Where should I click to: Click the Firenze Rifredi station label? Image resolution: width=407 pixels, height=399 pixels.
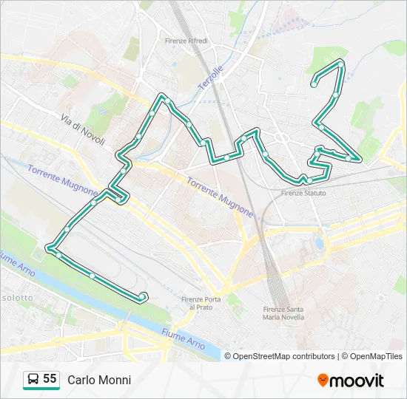[186, 41]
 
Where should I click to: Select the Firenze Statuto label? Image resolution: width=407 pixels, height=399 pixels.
[303, 194]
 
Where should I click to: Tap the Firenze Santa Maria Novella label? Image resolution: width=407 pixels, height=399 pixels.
[283, 313]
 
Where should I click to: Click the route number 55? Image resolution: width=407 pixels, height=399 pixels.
[50, 379]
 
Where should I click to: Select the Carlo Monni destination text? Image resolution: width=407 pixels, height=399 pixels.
[99, 380]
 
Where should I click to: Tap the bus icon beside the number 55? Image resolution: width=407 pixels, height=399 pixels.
[33, 380]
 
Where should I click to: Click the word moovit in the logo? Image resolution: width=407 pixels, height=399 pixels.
[357, 381]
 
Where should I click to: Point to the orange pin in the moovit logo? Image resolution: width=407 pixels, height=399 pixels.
[323, 381]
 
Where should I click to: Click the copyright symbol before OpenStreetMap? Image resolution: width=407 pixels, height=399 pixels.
[228, 356]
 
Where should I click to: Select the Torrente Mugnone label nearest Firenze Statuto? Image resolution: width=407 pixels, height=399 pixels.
[220, 197]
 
